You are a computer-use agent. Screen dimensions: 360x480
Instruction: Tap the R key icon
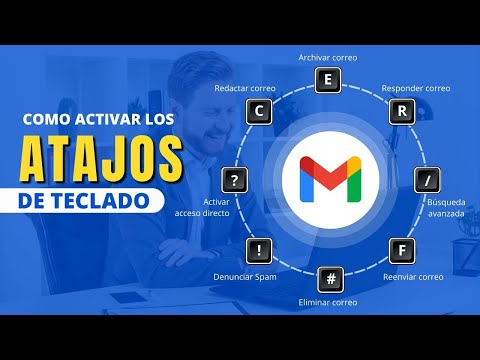(401, 111)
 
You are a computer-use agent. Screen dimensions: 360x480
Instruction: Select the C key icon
(258, 111)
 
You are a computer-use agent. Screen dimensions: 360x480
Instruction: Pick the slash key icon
(428, 180)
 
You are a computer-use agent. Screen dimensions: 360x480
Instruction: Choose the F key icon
(401, 249)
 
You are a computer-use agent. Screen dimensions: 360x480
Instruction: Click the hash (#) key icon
(329, 277)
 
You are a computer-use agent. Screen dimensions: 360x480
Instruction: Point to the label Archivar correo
(329, 58)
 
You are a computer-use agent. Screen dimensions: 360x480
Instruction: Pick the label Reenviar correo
(413, 275)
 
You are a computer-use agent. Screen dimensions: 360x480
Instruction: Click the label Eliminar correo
(329, 301)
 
